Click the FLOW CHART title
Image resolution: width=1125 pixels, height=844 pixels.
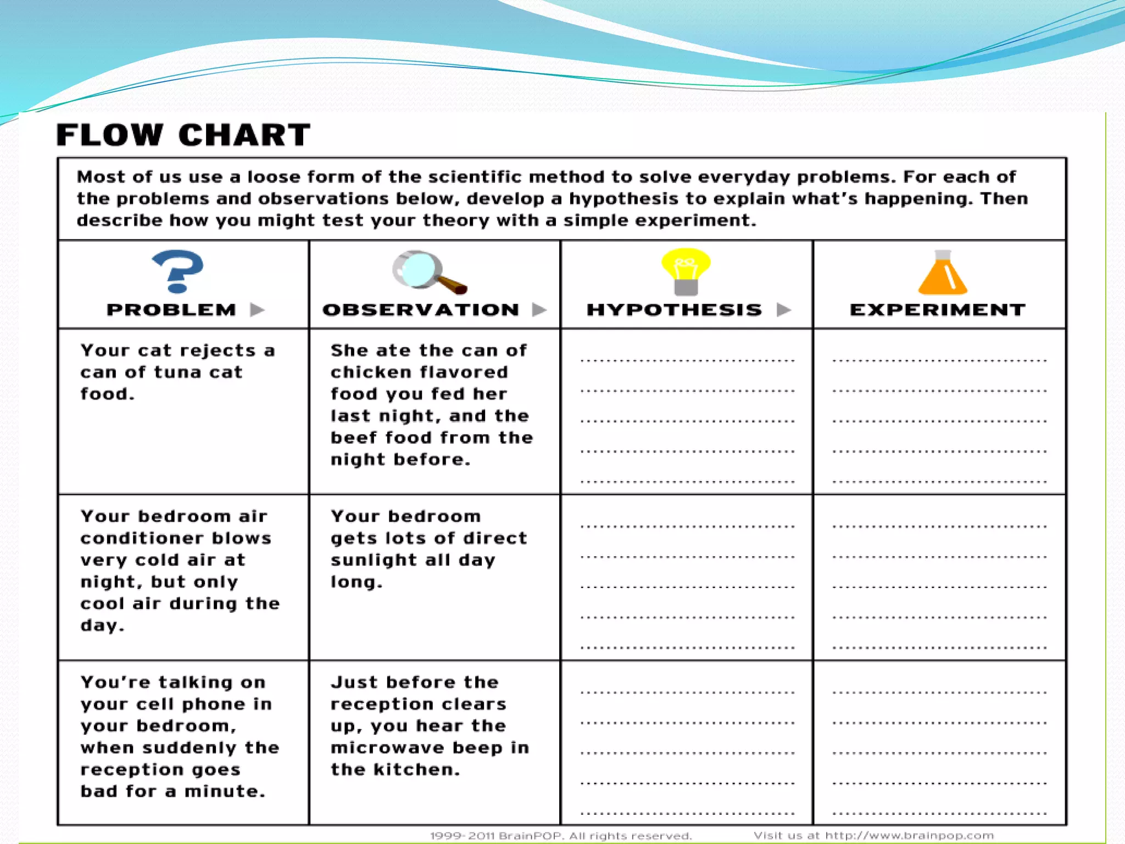coord(183,135)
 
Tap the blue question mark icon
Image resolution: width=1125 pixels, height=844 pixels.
coord(177,271)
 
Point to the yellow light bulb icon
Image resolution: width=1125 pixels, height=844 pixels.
coord(686,271)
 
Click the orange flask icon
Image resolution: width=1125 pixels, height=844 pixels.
coord(942,273)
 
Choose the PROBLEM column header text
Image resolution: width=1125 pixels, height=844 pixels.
coord(171,310)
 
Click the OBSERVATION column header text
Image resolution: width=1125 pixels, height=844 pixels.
coord(421,310)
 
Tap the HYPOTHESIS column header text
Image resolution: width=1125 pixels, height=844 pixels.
coord(675,310)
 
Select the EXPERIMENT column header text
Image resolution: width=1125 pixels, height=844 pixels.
coord(938,310)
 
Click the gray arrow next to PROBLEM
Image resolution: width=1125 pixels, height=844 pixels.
coord(257,310)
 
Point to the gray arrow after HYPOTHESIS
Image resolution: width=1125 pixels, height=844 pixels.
coord(784,310)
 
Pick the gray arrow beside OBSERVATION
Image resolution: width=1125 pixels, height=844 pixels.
coord(539,310)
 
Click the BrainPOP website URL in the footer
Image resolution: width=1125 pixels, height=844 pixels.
coord(909,836)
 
